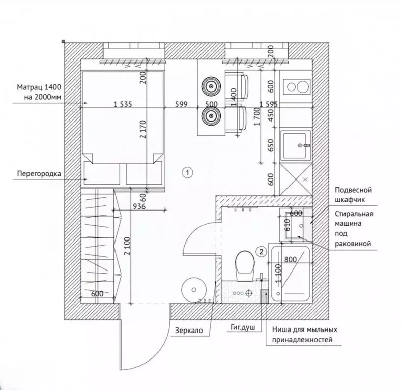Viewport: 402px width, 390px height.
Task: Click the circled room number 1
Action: (x=187, y=172)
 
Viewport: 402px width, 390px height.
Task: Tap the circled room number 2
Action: (x=261, y=251)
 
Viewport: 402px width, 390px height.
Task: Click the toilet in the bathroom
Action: (x=245, y=265)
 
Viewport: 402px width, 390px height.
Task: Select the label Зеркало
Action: (x=189, y=331)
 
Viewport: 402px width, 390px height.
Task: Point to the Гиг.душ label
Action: (x=243, y=327)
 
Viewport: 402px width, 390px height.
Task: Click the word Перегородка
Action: (x=39, y=174)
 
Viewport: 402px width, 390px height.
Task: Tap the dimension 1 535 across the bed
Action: (x=123, y=104)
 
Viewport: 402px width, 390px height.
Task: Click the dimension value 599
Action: (x=181, y=104)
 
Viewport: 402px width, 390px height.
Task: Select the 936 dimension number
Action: (x=139, y=206)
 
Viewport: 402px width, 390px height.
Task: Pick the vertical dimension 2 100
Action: (x=128, y=246)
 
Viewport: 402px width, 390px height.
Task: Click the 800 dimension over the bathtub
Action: (x=291, y=259)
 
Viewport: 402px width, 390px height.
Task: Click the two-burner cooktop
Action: (x=297, y=87)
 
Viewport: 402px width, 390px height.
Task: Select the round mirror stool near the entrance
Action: (x=194, y=289)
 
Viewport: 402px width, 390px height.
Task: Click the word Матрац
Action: (x=30, y=87)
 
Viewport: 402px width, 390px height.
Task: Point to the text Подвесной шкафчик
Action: (x=354, y=195)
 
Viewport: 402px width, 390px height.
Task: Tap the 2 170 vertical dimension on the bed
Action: (x=143, y=129)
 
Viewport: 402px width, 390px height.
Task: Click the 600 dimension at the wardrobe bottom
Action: (x=97, y=294)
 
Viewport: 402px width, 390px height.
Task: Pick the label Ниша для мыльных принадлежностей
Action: (x=305, y=335)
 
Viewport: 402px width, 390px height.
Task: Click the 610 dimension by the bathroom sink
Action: (x=288, y=225)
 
